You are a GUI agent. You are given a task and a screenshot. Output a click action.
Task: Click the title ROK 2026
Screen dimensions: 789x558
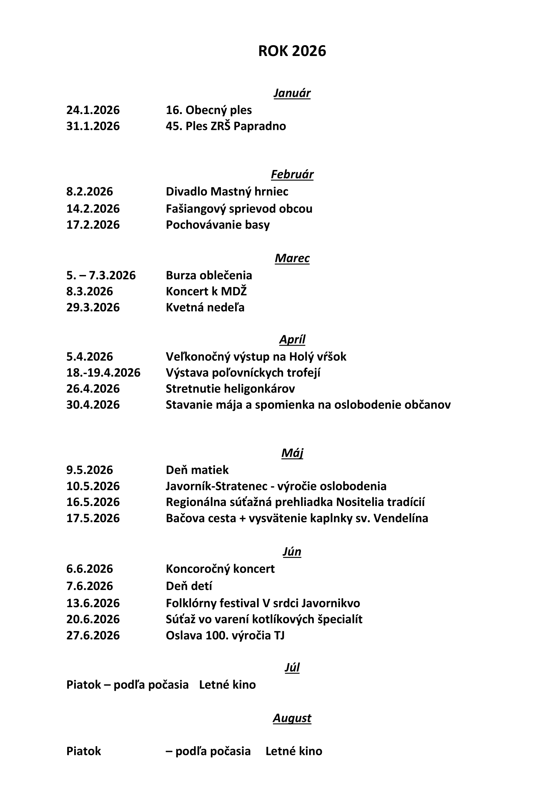click(292, 51)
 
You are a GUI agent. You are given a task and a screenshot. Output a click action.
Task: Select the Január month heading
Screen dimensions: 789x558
click(292, 93)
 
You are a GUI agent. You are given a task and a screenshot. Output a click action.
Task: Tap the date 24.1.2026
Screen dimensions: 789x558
click(93, 110)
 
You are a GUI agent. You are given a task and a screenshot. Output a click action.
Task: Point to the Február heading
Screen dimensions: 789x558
click(292, 175)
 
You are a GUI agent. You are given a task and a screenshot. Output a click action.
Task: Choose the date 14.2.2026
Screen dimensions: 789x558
click(93, 208)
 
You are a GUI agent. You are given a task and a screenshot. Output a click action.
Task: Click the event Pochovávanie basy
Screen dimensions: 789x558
click(218, 225)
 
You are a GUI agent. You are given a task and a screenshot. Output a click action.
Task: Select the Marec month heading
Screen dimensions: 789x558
click(292, 258)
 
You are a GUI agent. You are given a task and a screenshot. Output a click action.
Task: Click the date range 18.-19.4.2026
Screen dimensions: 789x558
click(103, 372)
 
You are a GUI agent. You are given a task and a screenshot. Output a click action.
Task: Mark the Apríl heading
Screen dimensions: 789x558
click(292, 340)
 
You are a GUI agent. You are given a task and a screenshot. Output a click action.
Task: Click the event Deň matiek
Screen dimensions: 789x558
click(197, 470)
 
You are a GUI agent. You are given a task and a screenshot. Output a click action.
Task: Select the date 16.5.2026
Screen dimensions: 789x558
click(93, 502)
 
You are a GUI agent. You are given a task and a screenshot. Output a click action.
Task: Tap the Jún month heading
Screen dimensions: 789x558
click(292, 552)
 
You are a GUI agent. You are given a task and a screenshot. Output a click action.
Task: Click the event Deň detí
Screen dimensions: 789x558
click(189, 586)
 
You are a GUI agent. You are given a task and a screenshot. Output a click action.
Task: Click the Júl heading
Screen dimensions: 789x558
click(292, 667)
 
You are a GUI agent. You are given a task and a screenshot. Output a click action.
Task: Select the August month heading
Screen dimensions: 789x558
click(292, 718)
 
